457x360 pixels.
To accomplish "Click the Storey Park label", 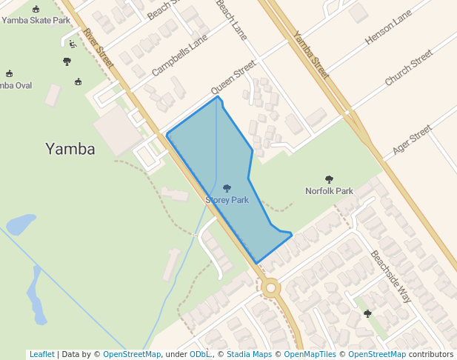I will pos(227,200).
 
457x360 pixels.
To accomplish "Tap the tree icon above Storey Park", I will pos(227,189).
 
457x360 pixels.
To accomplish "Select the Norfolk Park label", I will pos(329,191).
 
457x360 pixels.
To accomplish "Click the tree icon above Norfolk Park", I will pos(329,179).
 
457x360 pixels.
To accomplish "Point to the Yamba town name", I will pos(70,149).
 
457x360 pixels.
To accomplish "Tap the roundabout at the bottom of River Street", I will pos(270,287).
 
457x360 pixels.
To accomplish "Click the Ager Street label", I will pos(412,139).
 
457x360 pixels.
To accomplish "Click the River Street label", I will pos(99,49).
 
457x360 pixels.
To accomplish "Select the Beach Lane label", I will pos(231,20).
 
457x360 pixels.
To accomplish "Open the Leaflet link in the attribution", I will pos(41,354).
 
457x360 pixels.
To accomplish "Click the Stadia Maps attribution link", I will pos(249,354).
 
